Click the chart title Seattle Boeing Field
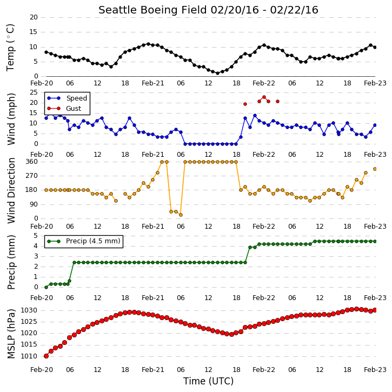coord(152,10)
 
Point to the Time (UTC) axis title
coord(208,381)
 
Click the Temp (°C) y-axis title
coord(11,48)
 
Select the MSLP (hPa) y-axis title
coord(11,334)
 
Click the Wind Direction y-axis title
coord(11,190)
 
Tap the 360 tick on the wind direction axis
coord(32,162)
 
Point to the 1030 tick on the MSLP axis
coord(29,310)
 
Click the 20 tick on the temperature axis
coord(34,17)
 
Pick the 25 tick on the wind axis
coord(34,92)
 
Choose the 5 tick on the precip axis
coord(36,236)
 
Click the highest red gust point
coord(264,97)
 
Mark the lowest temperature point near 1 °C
coord(217,73)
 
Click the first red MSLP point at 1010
coord(46,356)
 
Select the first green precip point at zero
coord(46,288)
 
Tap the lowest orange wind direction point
coord(181,215)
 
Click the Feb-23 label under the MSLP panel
coord(375,370)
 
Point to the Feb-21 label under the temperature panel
coord(153,83)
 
